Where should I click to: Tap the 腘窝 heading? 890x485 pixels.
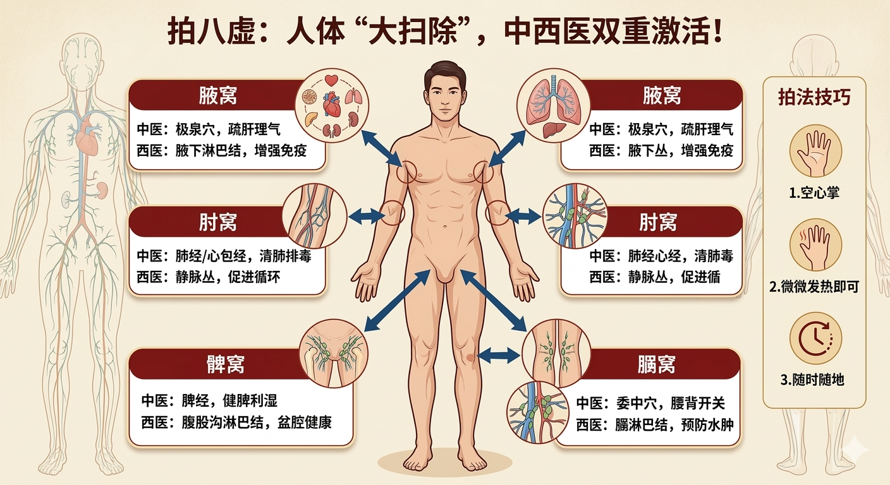[657, 364]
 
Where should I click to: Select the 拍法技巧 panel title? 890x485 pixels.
[814, 98]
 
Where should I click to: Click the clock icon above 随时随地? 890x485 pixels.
[815, 338]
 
